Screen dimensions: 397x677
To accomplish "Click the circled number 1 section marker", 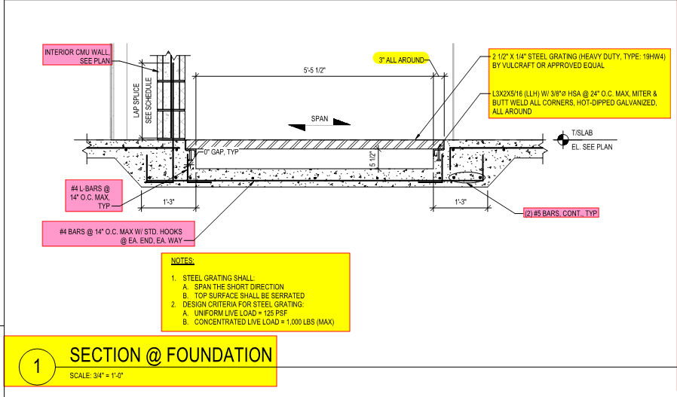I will tap(36, 367).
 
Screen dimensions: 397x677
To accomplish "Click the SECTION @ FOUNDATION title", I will tap(170, 355).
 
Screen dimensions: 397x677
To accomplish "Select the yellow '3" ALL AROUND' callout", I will tap(401, 58).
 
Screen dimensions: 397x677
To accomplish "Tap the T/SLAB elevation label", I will tap(583, 132).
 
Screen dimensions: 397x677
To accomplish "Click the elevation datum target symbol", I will tap(561, 138).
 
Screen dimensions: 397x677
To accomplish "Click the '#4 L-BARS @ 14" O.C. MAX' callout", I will tap(95, 195).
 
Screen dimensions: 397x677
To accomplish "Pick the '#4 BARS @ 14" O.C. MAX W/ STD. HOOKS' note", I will tap(118, 234).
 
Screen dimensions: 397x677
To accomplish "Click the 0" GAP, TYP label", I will tap(221, 152).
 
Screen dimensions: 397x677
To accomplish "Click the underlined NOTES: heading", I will tap(182, 261).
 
